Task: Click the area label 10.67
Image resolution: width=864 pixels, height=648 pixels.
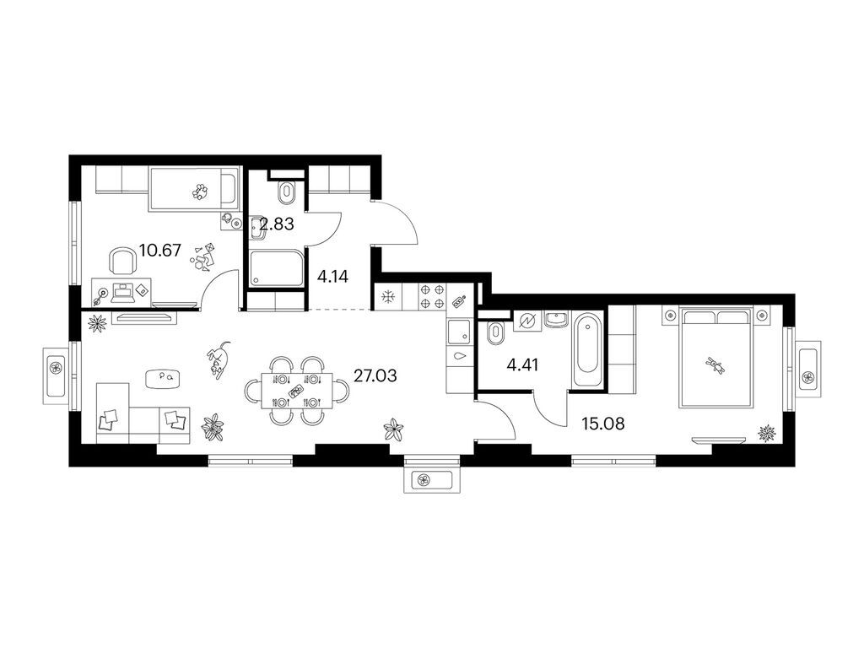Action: pyautogui.click(x=159, y=251)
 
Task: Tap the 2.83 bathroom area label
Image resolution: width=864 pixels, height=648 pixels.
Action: pyautogui.click(x=277, y=224)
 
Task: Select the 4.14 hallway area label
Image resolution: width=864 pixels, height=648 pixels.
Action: pyautogui.click(x=332, y=276)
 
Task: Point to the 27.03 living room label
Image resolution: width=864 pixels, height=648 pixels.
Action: pyautogui.click(x=375, y=376)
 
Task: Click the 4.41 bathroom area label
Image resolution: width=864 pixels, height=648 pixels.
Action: pyautogui.click(x=523, y=364)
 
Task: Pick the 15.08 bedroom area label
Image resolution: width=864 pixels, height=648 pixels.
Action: pyautogui.click(x=602, y=424)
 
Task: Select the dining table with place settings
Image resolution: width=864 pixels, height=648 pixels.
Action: pyautogui.click(x=296, y=390)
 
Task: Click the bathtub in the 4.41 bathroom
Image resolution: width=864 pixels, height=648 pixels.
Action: pyautogui.click(x=588, y=350)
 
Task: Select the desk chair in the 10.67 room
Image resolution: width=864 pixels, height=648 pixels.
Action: pyautogui.click(x=123, y=261)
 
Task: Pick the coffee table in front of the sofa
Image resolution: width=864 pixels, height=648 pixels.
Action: pyautogui.click(x=163, y=378)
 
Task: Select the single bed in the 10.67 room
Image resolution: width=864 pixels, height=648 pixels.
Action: pyautogui.click(x=195, y=190)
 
